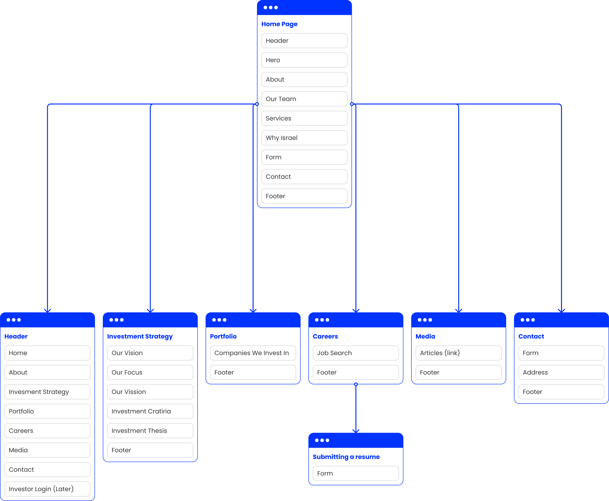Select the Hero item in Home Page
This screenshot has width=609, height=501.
(x=304, y=60)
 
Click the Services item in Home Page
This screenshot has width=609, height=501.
(x=304, y=118)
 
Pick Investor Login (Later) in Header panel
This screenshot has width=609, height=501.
(x=47, y=489)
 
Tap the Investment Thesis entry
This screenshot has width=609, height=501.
(x=150, y=431)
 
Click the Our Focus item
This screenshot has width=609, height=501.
(x=150, y=372)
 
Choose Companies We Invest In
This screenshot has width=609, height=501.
(x=253, y=353)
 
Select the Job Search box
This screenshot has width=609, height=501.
(x=356, y=353)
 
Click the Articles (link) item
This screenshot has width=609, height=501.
(x=458, y=353)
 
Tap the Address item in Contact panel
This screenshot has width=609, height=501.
(x=561, y=372)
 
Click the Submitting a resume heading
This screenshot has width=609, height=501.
(x=346, y=457)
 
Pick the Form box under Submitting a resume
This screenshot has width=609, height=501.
(x=356, y=473)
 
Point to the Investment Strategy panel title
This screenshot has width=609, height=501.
(x=140, y=337)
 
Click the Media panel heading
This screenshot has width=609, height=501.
(x=425, y=337)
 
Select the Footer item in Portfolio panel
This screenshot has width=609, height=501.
(x=253, y=372)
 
